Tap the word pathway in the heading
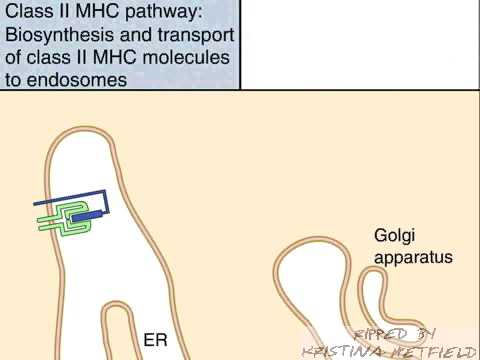[164, 12]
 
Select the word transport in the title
[196, 35]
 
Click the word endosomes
[77, 80]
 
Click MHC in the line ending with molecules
[114, 57]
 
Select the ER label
[155, 340]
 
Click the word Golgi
[395, 236]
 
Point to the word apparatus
[413, 257]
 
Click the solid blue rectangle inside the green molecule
[86, 217]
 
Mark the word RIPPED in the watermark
[380, 334]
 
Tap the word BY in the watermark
[425, 334]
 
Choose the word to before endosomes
[13, 80]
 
